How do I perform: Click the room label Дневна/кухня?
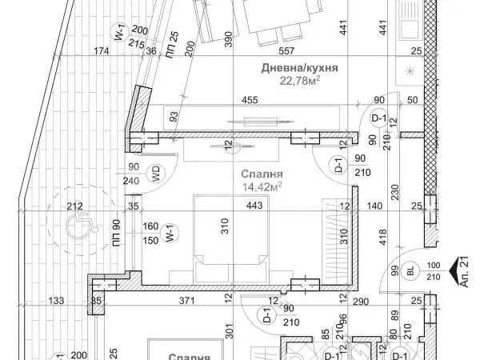coord(299,68)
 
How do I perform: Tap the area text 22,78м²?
coord(300,81)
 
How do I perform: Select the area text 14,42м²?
coord(262,186)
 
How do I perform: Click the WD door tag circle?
coord(156,174)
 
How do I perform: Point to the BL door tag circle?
coord(411,270)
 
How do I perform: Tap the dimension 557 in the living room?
coord(286,51)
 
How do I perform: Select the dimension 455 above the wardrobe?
coord(250,100)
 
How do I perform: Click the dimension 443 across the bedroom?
coord(254,205)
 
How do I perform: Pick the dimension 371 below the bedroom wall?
coord(186,301)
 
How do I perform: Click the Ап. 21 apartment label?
coord(464,272)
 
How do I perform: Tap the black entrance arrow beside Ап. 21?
coord(454,270)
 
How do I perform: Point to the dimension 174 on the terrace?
coord(102,51)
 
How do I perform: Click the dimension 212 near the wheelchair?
coord(74,206)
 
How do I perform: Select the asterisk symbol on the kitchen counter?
coord(410,72)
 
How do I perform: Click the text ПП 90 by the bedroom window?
coord(117,233)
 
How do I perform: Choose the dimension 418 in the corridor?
coord(382,238)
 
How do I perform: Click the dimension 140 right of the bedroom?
coord(374,206)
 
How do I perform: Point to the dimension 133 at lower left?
coord(56,301)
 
